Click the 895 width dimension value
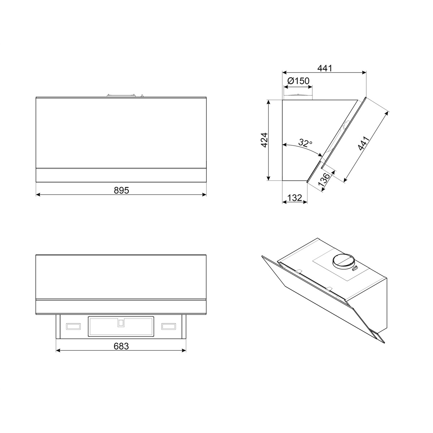coord(121,190)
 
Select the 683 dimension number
coord(121,346)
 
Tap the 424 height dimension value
coord(264,140)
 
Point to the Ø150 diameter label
coord(298,81)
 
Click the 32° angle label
coord(305,143)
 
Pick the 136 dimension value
coord(324,180)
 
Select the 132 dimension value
coord(294,198)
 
